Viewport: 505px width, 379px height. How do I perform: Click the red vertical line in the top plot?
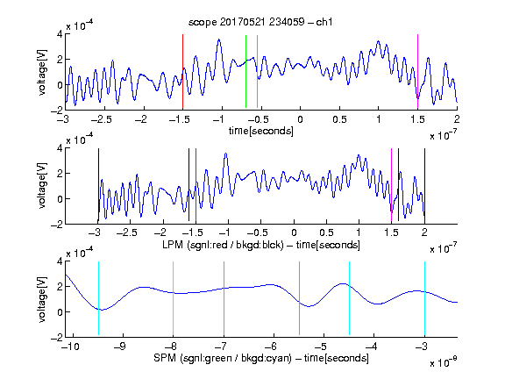[182, 72]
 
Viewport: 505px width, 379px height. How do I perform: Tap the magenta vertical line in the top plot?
[417, 72]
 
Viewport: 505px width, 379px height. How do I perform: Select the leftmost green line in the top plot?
[245, 72]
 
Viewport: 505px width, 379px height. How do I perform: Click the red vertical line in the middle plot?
[196, 185]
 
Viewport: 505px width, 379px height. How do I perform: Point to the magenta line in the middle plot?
[391, 185]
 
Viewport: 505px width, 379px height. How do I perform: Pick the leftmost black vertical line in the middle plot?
[98, 185]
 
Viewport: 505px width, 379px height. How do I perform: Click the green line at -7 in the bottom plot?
[224, 298]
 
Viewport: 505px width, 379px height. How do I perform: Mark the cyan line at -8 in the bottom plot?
[174, 298]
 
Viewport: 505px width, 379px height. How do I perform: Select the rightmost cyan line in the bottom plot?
[424, 298]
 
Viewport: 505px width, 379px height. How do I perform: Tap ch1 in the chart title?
[324, 22]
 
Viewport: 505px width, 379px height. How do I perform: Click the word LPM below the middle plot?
[173, 245]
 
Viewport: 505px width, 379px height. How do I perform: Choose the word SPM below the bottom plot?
[165, 358]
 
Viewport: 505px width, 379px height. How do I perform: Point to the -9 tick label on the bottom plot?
[120, 347]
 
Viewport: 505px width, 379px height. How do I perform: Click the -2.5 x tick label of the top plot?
[101, 119]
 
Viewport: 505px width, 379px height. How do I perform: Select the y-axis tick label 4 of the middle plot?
[60, 148]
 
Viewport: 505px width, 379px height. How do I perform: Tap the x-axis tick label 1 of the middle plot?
[359, 232]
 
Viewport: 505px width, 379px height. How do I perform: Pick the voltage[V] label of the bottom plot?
[42, 299]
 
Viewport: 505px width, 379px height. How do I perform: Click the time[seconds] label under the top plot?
[261, 131]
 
